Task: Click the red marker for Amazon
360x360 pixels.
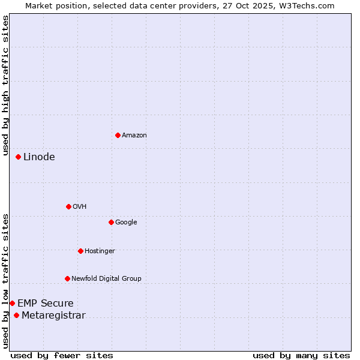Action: coord(118,135)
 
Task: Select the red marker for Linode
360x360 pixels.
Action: coord(18,157)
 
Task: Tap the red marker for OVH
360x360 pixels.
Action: coord(68,206)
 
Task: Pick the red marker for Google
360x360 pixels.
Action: coord(111,222)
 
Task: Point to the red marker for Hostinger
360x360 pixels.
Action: coord(80,251)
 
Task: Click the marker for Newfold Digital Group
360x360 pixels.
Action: coord(67,278)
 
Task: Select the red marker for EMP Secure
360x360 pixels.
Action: coord(12,303)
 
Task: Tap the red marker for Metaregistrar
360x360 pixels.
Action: coord(16,316)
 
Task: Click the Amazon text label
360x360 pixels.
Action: coord(134,136)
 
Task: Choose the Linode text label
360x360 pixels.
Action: coord(39,157)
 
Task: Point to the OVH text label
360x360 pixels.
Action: coord(79,207)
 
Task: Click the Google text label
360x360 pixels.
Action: coord(126,223)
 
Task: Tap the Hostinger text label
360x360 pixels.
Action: coord(100,251)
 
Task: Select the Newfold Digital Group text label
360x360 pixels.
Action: coord(106,279)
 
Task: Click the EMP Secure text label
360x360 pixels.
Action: coord(45,304)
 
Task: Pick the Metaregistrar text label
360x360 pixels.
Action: coord(53,316)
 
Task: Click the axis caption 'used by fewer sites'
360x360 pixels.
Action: coord(62,355)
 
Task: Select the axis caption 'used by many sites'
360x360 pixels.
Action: coord(301,355)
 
